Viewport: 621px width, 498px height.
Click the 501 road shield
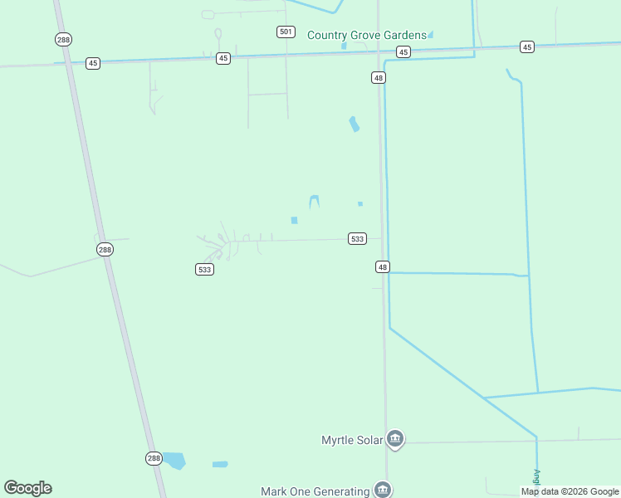point(286,32)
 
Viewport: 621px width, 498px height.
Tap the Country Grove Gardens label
point(366,35)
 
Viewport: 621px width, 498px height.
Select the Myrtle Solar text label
point(353,440)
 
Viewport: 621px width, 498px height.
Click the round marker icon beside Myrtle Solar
point(395,439)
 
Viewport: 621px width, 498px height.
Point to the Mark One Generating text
point(315,491)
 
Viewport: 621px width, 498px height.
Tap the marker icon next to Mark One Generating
point(382,490)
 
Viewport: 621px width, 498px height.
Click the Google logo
point(27,488)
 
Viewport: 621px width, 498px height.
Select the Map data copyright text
point(570,492)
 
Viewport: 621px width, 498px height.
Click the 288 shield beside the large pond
point(154,458)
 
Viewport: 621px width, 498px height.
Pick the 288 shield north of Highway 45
point(64,39)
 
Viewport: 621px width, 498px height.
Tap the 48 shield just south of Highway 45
point(379,77)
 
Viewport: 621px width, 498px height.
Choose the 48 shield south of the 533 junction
point(382,266)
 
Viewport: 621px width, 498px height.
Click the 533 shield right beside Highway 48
point(357,239)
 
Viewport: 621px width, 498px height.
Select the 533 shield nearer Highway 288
point(205,270)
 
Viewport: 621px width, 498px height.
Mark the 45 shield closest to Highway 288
point(93,63)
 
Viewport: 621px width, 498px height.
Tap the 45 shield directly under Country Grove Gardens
point(403,51)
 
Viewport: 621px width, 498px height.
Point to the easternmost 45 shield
point(527,46)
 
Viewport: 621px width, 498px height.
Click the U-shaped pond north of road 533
point(314,201)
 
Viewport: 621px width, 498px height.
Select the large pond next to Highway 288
point(174,460)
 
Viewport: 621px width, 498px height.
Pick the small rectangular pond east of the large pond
point(220,464)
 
